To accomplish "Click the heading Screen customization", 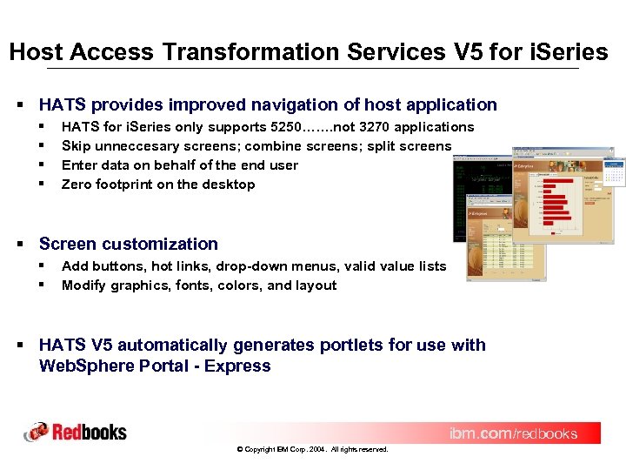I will (x=129, y=245).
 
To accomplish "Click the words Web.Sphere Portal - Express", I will (x=155, y=366).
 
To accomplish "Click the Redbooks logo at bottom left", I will (x=76, y=432).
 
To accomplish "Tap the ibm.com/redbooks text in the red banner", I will (x=513, y=433).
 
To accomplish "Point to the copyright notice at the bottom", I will (x=312, y=450).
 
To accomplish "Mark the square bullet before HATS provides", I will (x=20, y=105).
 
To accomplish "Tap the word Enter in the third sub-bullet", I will (x=79, y=165).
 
